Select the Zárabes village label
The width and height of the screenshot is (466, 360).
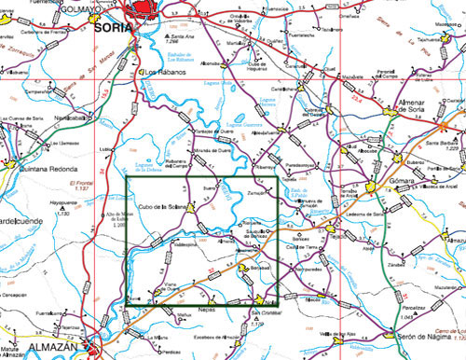point(395,264)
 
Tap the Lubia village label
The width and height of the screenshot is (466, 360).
point(104,147)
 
